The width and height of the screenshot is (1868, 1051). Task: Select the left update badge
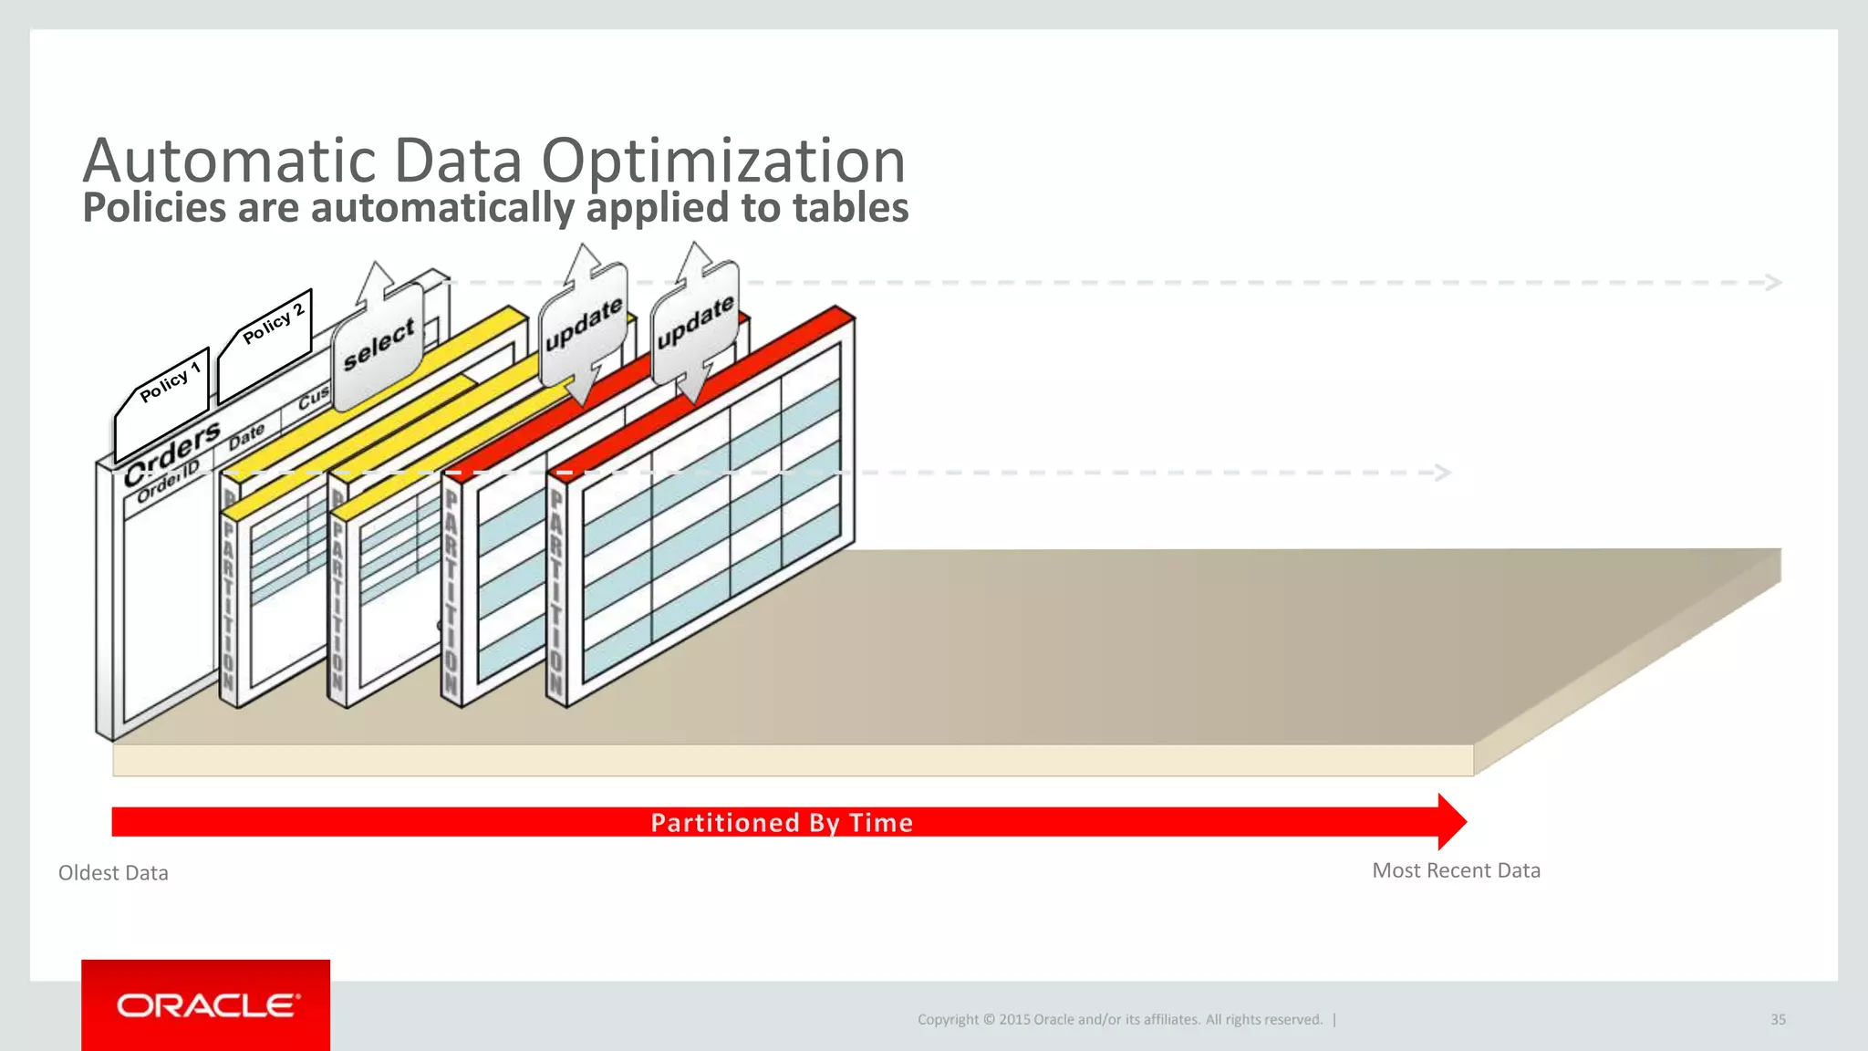(x=584, y=325)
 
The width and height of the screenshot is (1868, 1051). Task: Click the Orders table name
(x=172, y=453)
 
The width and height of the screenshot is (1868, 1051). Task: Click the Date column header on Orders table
(x=246, y=436)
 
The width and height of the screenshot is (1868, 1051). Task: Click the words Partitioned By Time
(x=782, y=823)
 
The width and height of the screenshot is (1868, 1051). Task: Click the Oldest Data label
(x=113, y=873)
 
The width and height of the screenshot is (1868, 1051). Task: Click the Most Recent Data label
(x=1456, y=870)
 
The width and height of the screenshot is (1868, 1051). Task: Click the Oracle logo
(x=206, y=1005)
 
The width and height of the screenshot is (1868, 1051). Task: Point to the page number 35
(x=1778, y=1020)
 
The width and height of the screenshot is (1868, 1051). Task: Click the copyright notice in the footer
(x=1119, y=1020)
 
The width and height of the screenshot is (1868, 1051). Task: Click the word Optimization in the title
(x=723, y=161)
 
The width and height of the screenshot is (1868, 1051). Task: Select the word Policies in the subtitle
(x=154, y=208)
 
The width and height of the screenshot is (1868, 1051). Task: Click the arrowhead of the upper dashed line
(x=1773, y=283)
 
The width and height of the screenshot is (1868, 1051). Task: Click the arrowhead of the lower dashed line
(x=1442, y=473)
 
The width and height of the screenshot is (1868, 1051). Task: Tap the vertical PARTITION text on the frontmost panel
(x=556, y=593)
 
